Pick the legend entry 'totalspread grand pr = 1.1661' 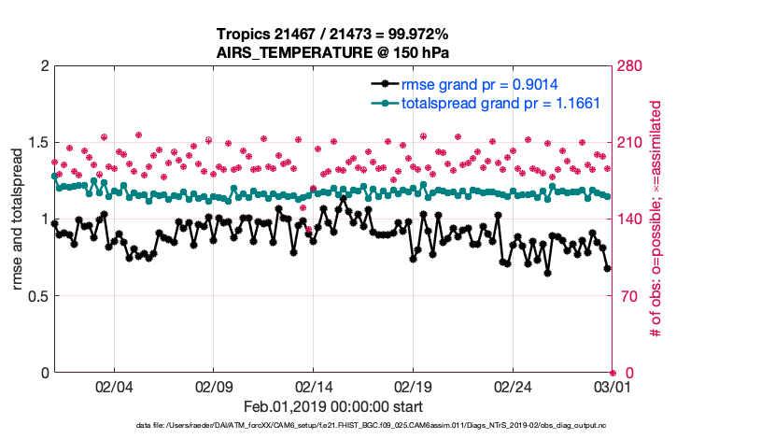(x=500, y=103)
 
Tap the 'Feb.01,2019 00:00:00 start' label (x=333, y=406)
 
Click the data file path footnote (x=373, y=426)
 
